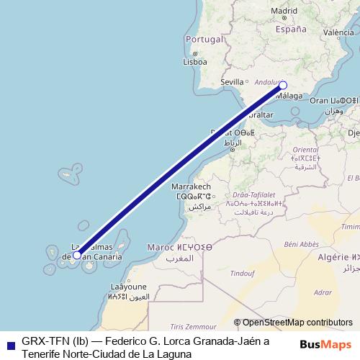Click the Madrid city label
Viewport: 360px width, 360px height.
pos(284,12)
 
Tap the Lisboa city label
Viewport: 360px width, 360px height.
pos(195,62)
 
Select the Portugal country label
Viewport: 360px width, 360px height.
pos(202,39)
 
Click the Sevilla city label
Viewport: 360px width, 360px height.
pos(232,82)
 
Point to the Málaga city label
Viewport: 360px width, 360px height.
pos(290,95)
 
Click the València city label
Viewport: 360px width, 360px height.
pos(339,32)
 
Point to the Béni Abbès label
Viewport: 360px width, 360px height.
pos(300,244)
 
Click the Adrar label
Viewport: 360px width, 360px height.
pos(323,292)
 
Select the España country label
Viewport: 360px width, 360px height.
pos(292,30)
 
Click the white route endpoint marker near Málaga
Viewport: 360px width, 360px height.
pos(283,85)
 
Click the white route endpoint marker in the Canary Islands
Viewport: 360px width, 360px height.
pos(77,255)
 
